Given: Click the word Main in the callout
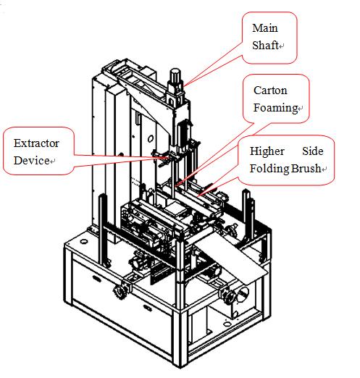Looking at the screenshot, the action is click(265, 28).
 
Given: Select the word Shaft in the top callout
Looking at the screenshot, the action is click(265, 45).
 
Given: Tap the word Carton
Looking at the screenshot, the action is click(270, 91).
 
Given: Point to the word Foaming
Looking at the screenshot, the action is click(275, 108).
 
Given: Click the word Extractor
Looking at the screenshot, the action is click(36, 143).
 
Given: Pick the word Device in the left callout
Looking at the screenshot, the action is click(31, 161).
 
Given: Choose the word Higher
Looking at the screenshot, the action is click(267, 151).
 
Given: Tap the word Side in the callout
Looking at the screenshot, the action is click(313, 151).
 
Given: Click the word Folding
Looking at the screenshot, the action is click(269, 169).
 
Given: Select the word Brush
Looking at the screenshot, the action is click(306, 169).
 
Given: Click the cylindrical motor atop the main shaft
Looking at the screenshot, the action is click(175, 75).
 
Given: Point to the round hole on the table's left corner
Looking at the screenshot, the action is click(84, 241).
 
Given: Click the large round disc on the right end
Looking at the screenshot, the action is click(243, 295).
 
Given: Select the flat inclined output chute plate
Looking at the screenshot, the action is click(232, 257).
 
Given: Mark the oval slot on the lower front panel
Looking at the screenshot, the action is click(147, 307).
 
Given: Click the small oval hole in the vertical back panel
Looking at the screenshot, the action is click(151, 139).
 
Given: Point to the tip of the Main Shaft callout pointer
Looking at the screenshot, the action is click(183, 86).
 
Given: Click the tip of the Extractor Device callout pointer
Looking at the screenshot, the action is click(169, 157).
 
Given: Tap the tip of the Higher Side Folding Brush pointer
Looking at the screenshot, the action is click(198, 196).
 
